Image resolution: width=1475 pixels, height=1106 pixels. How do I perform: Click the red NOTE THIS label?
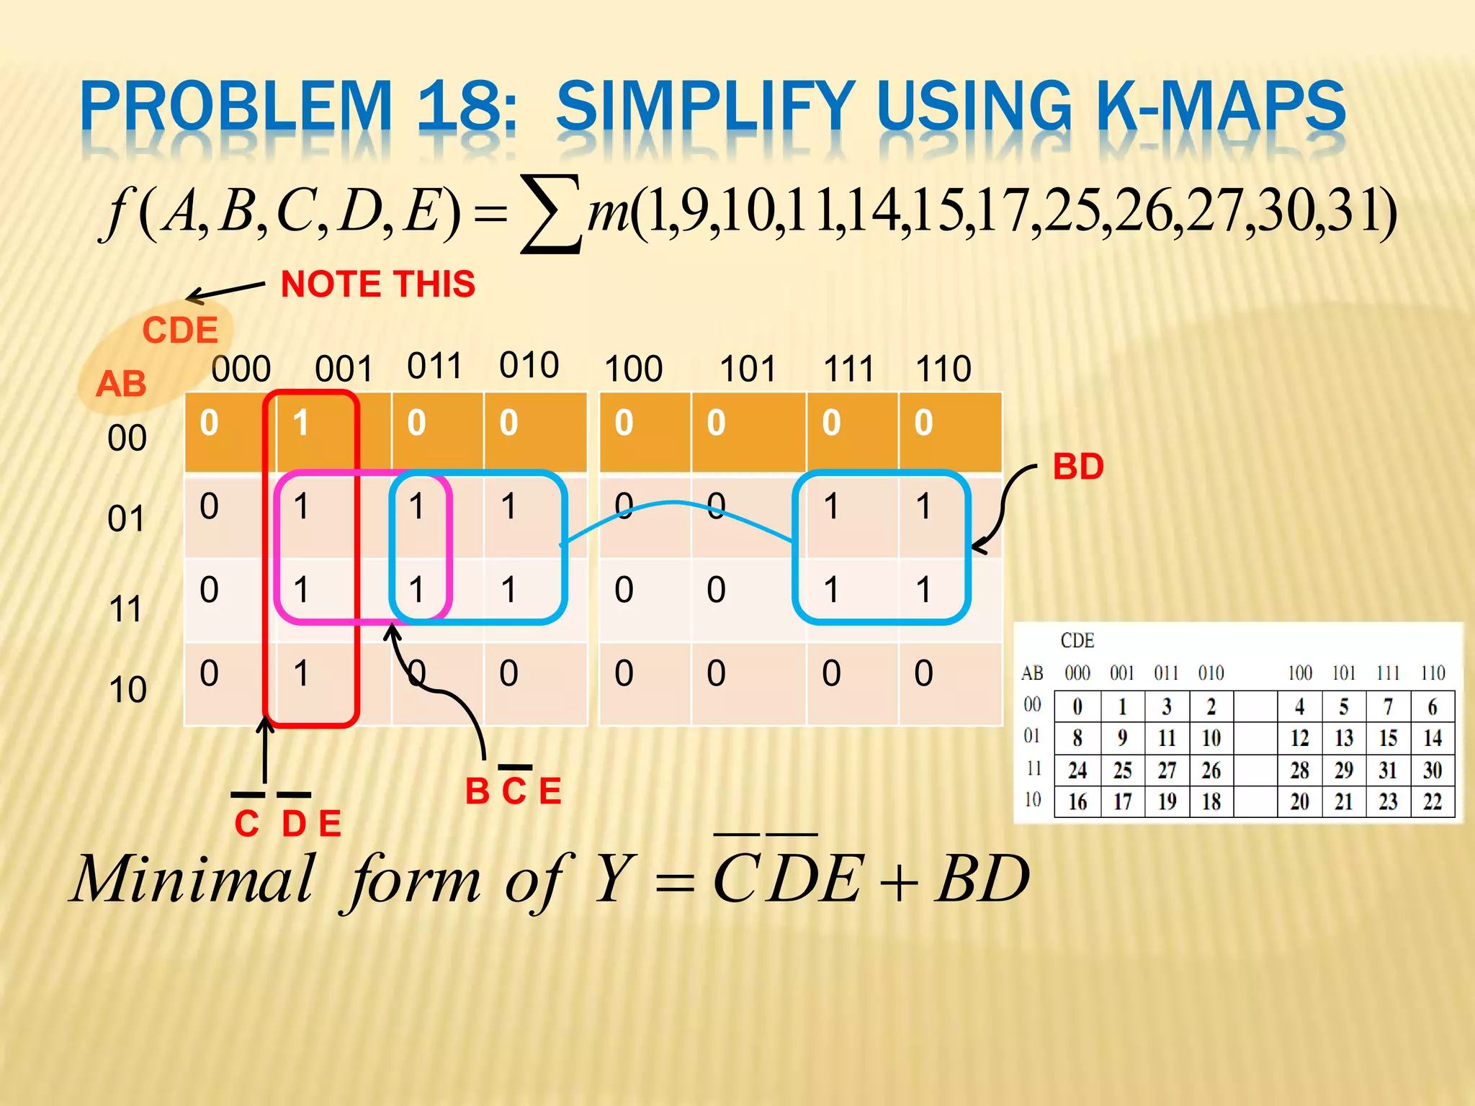coord(377,284)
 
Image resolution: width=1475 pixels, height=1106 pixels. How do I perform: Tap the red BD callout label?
coord(1077,467)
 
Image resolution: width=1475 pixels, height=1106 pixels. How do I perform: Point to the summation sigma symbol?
coord(551,214)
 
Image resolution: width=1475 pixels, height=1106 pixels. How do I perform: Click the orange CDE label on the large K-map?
coord(180,331)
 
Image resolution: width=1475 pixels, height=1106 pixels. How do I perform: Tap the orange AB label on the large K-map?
coord(121,384)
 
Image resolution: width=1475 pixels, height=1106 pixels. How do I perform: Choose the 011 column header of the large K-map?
coord(434,366)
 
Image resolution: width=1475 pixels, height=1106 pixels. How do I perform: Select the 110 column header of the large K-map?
coord(943,369)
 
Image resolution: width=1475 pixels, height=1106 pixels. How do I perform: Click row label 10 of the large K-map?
coord(127,690)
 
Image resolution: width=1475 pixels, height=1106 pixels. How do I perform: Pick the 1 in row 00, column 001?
coord(301,423)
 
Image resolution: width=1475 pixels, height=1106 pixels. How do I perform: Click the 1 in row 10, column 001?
coord(301,673)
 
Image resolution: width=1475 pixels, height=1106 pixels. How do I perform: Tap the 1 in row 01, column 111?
coord(831,506)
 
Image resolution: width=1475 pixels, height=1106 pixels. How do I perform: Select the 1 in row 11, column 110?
coord(923,590)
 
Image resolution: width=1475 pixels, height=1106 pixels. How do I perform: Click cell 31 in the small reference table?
coord(1388,770)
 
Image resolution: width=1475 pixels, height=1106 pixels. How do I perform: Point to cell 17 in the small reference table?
coord(1122,801)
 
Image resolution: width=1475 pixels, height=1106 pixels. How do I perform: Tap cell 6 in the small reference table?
coord(1432,707)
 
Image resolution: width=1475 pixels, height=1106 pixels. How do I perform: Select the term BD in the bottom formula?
coord(982,879)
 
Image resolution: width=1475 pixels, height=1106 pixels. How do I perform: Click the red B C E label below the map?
coord(513,791)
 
